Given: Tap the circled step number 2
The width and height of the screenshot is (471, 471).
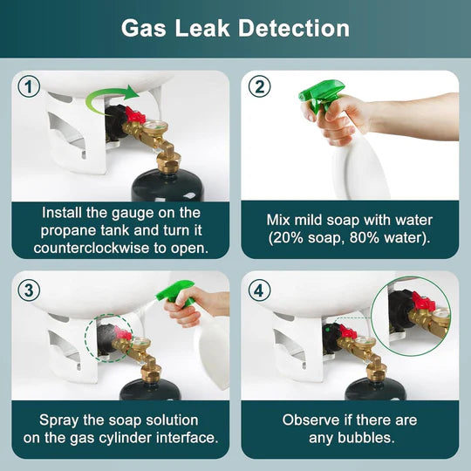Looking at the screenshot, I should [x=258, y=87].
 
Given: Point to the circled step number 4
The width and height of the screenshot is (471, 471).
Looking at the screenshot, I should [x=258, y=288].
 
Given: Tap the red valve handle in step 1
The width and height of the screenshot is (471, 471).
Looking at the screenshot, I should [x=134, y=115].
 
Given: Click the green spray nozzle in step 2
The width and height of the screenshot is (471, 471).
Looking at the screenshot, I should [x=319, y=94].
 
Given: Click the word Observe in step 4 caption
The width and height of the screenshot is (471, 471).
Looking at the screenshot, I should [x=308, y=420].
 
